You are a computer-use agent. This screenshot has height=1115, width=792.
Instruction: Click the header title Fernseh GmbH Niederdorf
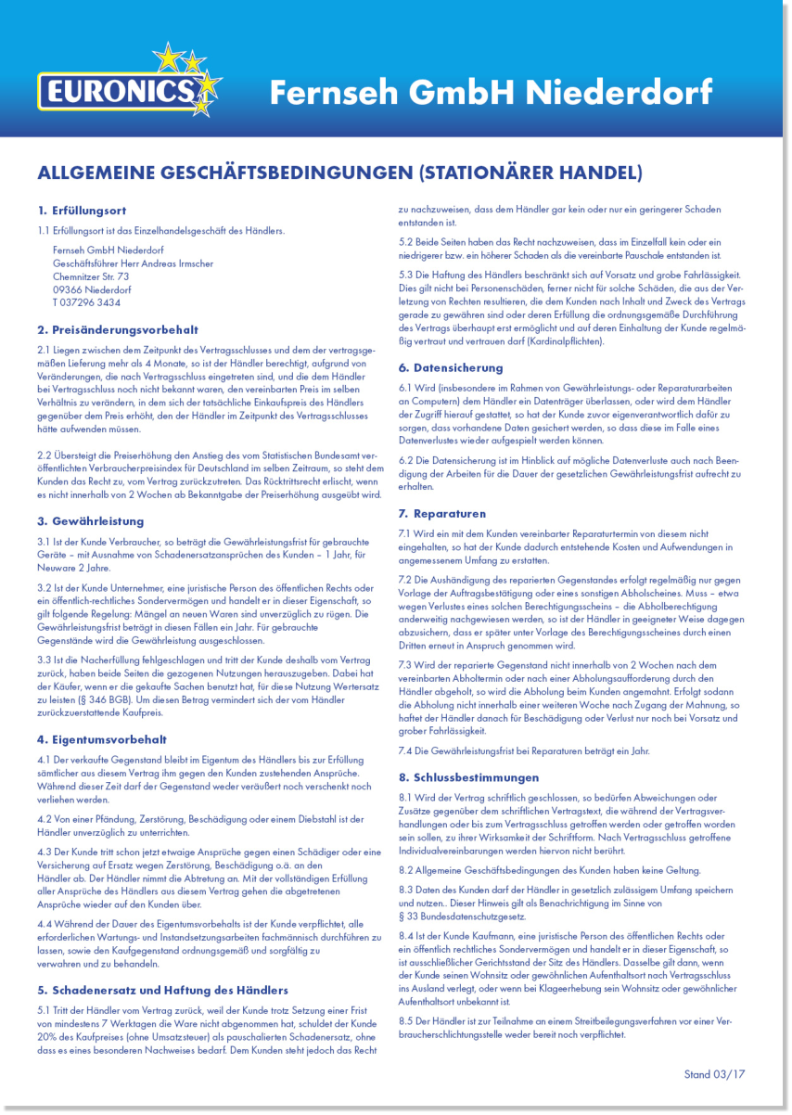pyautogui.click(x=491, y=92)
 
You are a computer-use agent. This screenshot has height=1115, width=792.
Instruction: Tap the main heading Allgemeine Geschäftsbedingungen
pyautogui.click(x=339, y=173)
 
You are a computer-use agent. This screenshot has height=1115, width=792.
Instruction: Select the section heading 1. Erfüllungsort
pyautogui.click(x=83, y=211)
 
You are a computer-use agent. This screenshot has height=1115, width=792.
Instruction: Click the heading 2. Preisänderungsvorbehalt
pyautogui.click(x=118, y=329)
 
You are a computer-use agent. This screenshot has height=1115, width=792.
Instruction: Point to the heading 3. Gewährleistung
pyautogui.click(x=91, y=521)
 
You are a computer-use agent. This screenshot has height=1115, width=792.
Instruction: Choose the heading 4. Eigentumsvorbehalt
pyautogui.click(x=102, y=739)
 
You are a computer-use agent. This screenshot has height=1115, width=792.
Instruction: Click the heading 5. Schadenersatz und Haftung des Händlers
pyautogui.click(x=162, y=990)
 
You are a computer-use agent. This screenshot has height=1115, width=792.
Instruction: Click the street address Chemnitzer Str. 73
pyautogui.click(x=91, y=276)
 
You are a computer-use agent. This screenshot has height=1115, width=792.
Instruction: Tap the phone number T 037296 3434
pyautogui.click(x=86, y=302)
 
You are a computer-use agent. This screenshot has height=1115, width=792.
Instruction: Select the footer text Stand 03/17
pyautogui.click(x=714, y=1074)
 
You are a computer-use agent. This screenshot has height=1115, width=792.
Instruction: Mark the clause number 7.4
pyautogui.click(x=405, y=750)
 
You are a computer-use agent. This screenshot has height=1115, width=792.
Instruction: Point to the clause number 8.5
pyautogui.click(x=405, y=1021)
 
